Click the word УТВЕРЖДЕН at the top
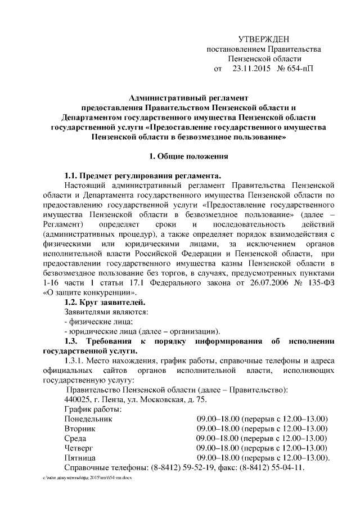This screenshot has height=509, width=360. pyautogui.click(x=264, y=39)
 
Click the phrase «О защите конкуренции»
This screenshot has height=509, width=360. pyautogui.click(x=89, y=293)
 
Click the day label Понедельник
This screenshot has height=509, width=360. pyautogui.click(x=89, y=420)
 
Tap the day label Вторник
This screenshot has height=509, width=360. pyautogui.click(x=80, y=429)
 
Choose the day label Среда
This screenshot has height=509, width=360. pyautogui.click(x=76, y=439)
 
